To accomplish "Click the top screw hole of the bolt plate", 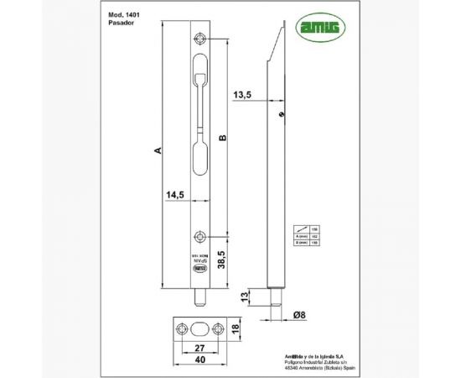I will [199, 39].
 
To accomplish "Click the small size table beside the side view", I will [304, 236].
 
